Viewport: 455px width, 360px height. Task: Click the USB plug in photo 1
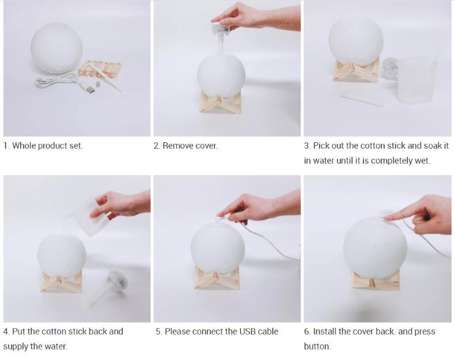90,89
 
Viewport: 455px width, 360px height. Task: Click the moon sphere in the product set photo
56,48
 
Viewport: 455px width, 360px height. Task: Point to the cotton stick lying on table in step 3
362,98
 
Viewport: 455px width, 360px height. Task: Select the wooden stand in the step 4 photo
61,281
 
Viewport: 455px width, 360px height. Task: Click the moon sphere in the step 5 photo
218,247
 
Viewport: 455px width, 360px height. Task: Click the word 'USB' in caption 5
238,331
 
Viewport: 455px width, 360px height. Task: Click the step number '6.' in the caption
308,331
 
